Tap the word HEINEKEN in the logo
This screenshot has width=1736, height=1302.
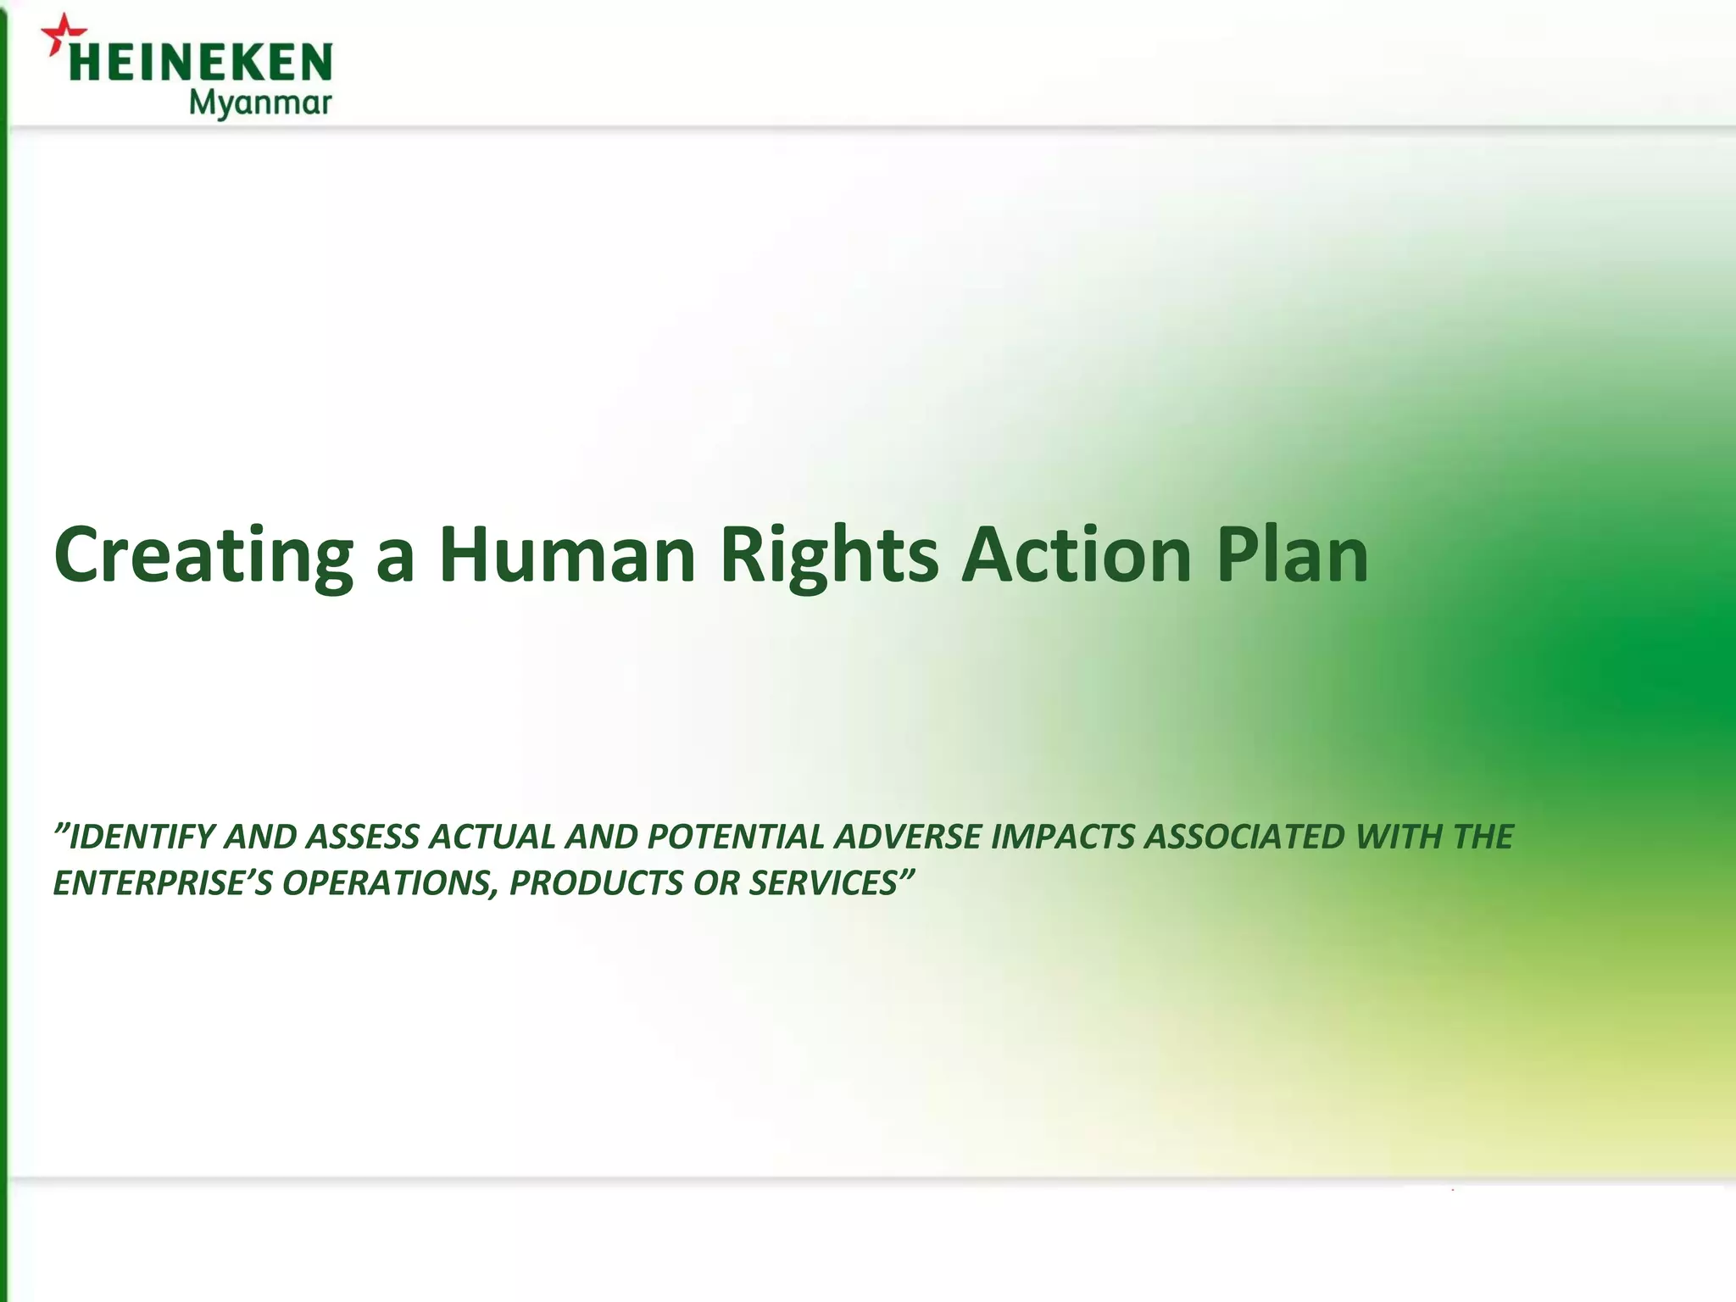[x=200, y=64]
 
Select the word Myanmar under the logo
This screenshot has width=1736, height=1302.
[x=259, y=104]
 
